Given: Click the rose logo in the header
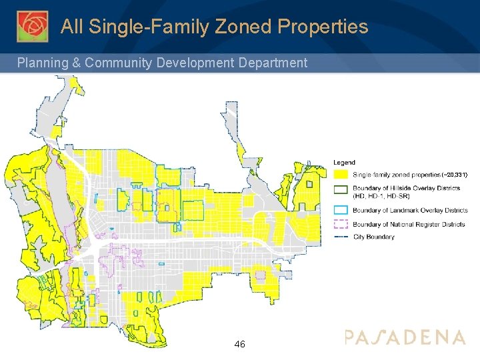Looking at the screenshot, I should pos(32,26).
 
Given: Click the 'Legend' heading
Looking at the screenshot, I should pos(344,162).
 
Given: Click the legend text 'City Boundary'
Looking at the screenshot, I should pos(374,237).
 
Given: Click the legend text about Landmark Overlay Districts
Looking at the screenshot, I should pos(410,211).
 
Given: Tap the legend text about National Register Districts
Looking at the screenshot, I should pos(409,225).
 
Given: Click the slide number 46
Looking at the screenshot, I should pos(240,344).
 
